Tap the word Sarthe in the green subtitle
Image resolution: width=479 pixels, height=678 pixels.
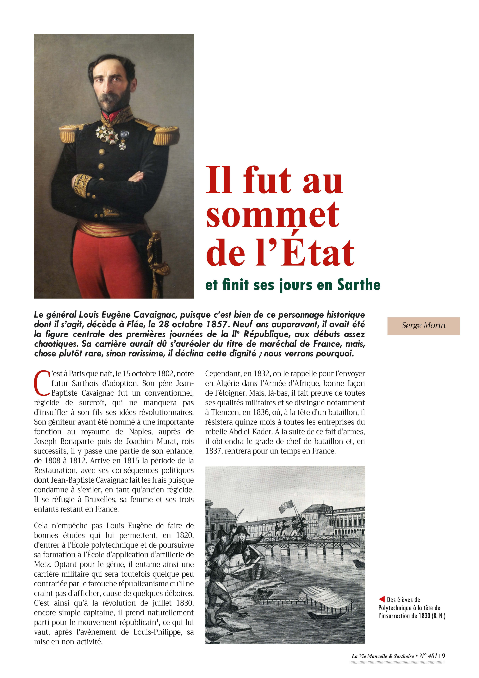pyautogui.click(x=359, y=285)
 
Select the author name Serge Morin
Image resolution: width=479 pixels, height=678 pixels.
pyautogui.click(x=423, y=326)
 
